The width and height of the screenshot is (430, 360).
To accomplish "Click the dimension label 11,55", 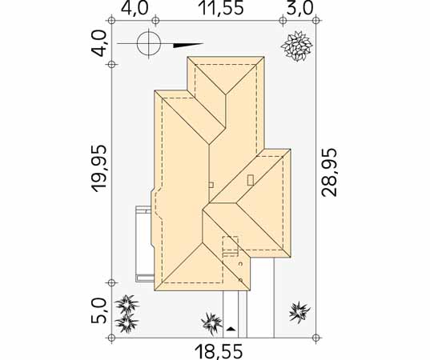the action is pos(222,8).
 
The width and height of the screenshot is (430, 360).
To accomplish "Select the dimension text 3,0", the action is pos(300,8).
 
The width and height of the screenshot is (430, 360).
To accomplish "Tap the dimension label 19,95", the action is pos(98,168).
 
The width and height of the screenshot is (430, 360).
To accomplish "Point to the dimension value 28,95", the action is pos(329,172).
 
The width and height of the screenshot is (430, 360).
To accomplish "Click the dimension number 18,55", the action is pos(219,352).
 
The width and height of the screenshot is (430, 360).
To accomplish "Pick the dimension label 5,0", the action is pos(98,310).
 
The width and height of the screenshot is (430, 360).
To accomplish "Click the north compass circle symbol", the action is pos(149,43).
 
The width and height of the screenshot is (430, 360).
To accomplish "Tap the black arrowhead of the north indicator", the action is pos(188,46).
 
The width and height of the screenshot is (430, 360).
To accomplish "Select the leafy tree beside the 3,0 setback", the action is pos(297,46).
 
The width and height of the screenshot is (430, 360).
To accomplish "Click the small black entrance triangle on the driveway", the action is pos(231,329).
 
